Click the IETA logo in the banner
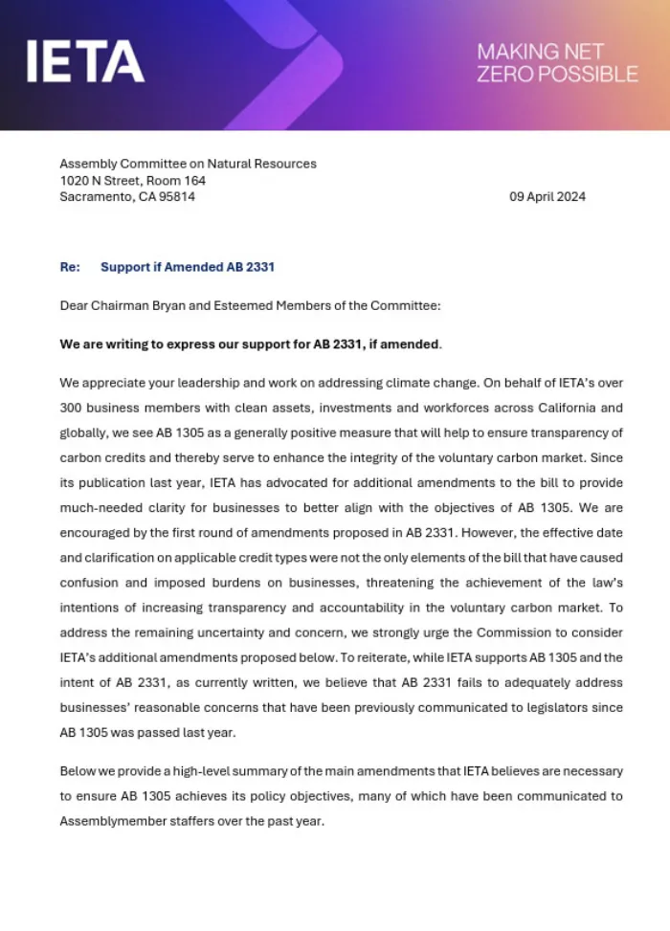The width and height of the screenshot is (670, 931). [x=86, y=61]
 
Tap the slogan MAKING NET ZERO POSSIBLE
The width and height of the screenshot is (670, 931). [x=557, y=62]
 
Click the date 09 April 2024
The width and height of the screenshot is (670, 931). [x=547, y=197]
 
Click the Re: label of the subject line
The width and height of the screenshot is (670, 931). [x=70, y=267]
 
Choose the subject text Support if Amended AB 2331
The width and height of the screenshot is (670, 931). [x=188, y=267]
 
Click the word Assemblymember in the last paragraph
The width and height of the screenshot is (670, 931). [x=106, y=820]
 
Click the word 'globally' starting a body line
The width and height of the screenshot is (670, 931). [x=82, y=432]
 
